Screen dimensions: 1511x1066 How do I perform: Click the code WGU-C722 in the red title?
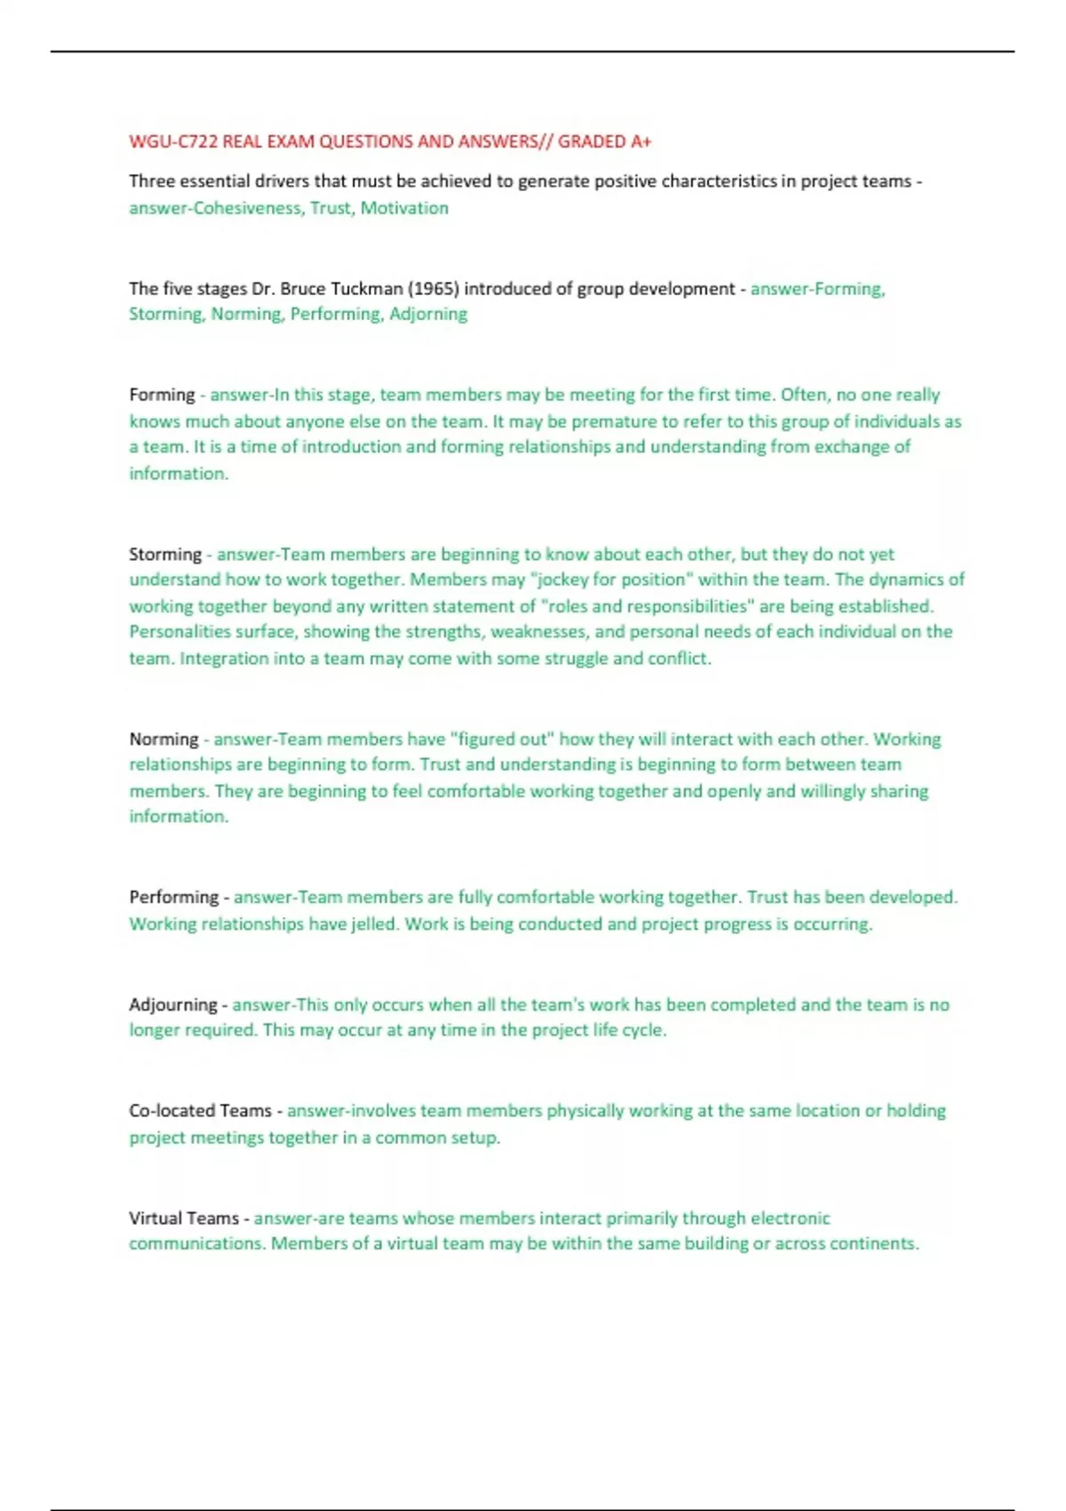pyautogui.click(x=173, y=141)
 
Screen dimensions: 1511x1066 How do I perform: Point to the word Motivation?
pyautogui.click(x=404, y=208)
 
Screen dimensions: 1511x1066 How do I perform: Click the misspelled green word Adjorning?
pyautogui.click(x=428, y=314)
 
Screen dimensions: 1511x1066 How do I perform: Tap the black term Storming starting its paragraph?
pyautogui.click(x=165, y=555)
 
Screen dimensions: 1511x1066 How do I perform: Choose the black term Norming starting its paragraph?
pyautogui.click(x=163, y=740)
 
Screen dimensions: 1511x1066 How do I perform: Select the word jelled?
pyautogui.click(x=375, y=924)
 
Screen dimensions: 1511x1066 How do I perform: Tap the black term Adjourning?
pyautogui.click(x=173, y=1005)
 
